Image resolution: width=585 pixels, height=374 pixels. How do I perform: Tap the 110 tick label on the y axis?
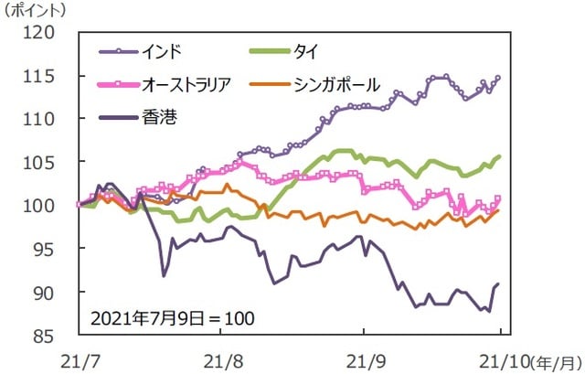tap(43, 119)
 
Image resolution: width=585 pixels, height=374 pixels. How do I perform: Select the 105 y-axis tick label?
tap(43, 162)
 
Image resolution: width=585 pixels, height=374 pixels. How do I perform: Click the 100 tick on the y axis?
tap(43, 206)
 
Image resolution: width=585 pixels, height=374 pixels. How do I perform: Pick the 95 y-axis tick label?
tap(48, 249)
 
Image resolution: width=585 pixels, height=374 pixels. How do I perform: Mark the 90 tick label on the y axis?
tap(48, 293)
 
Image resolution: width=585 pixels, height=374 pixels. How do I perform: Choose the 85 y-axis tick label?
tap(48, 336)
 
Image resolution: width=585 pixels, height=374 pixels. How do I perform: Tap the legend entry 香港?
tap(158, 115)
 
